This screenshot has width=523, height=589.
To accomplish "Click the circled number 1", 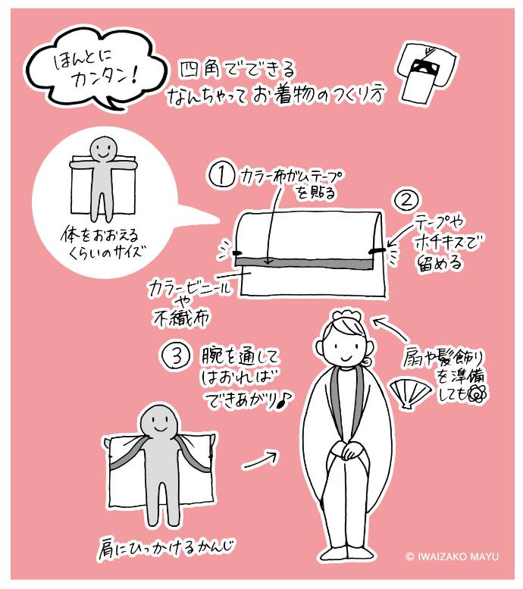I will click(221, 175).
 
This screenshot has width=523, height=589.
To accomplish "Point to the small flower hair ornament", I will click(476, 393).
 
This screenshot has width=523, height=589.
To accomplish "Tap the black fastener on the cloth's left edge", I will click(236, 252).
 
